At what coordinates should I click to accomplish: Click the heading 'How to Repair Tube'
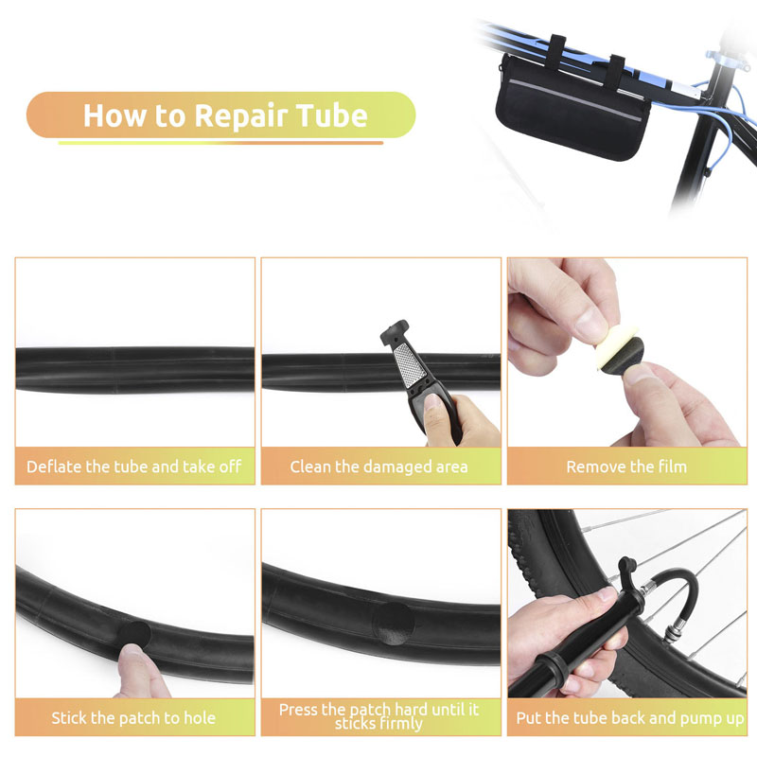[225, 115]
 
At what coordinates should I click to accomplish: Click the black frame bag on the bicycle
[573, 110]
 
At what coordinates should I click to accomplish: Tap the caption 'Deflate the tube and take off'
[134, 467]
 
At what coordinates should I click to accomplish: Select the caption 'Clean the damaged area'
[379, 467]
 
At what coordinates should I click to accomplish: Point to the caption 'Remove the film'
[626, 467]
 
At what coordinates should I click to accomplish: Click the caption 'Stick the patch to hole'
[133, 718]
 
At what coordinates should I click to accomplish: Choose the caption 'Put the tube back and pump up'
[630, 718]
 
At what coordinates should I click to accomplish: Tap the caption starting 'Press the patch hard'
[379, 716]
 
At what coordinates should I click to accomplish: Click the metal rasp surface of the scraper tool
[410, 364]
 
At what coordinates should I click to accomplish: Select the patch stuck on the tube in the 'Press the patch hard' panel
[395, 624]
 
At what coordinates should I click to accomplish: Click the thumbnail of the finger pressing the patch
[132, 651]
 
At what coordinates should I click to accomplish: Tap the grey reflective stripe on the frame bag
[575, 100]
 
